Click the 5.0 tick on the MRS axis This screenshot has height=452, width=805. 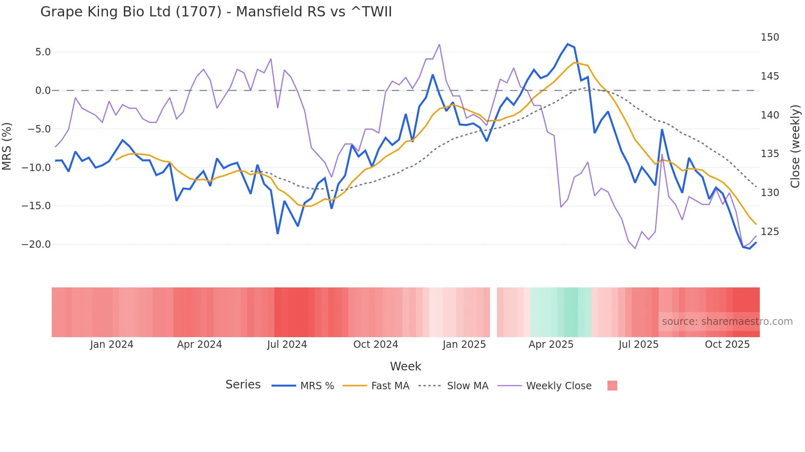(43, 52)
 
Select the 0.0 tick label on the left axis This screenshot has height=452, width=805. (43, 91)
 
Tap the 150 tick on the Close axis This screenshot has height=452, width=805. (770, 37)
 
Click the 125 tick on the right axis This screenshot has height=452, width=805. (770, 232)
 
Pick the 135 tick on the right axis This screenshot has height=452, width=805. (770, 154)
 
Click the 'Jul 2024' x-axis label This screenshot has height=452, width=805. (287, 345)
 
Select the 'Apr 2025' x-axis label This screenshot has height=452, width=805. (551, 345)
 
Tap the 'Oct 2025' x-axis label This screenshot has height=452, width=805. (727, 345)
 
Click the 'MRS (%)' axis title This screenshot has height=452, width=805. (7, 146)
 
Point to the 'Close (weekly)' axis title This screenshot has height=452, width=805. (795, 146)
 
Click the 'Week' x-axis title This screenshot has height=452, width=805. (405, 366)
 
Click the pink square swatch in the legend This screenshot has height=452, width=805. (612, 386)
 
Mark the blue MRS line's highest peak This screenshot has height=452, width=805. (568, 44)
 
